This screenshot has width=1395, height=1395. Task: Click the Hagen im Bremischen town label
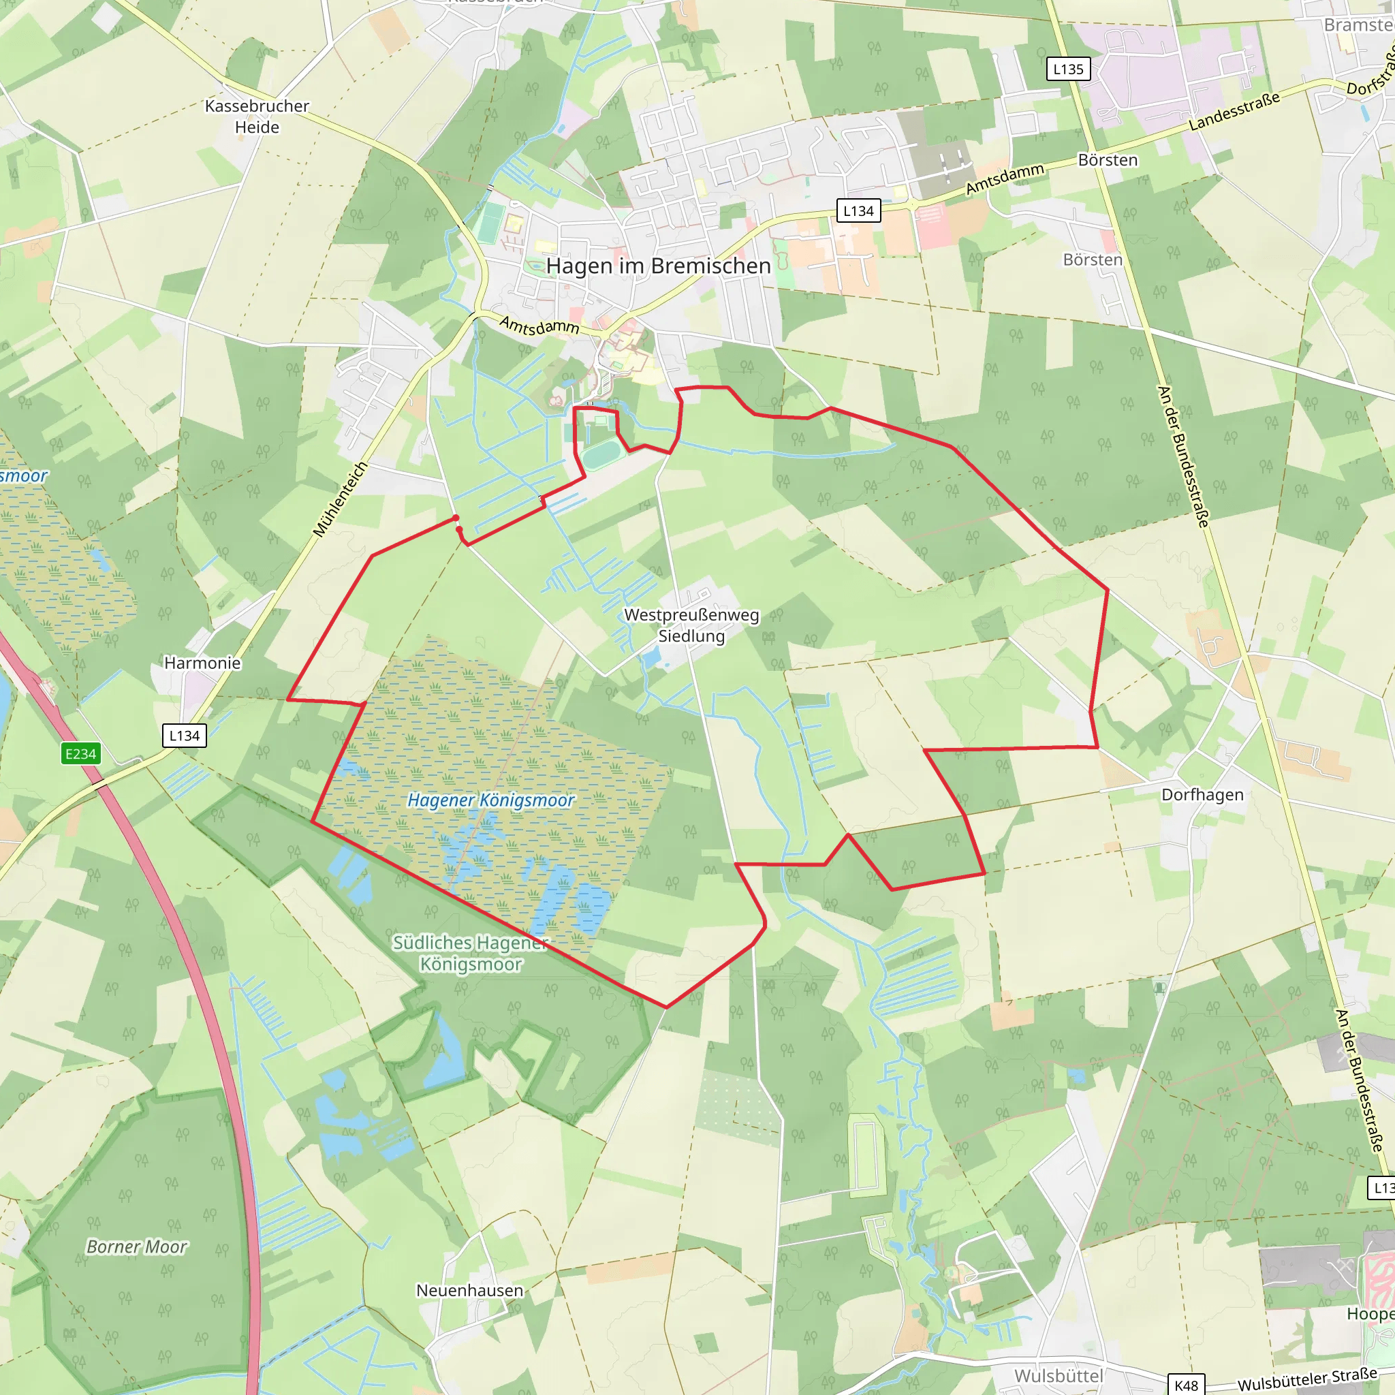click(658, 266)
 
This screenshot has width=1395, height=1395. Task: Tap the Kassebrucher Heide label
click(257, 116)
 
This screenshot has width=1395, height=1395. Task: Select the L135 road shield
click(1068, 69)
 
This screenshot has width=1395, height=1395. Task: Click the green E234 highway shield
click(80, 754)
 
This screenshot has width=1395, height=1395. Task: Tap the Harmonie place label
click(202, 663)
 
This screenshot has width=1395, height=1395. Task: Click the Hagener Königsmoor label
click(491, 800)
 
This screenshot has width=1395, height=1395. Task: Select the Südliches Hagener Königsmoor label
click(471, 953)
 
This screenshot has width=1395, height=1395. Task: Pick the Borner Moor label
click(136, 1247)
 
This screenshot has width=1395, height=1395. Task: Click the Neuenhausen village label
click(469, 1290)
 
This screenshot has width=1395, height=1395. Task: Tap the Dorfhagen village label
click(1202, 794)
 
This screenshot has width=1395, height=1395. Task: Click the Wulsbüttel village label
click(1059, 1375)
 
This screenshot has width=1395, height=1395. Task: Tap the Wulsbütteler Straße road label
click(1307, 1379)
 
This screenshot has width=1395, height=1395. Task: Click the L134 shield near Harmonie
click(184, 736)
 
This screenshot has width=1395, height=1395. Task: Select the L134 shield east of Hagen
click(858, 211)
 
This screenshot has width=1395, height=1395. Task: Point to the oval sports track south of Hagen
click(603, 456)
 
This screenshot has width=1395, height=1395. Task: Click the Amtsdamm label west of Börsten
click(1005, 178)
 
